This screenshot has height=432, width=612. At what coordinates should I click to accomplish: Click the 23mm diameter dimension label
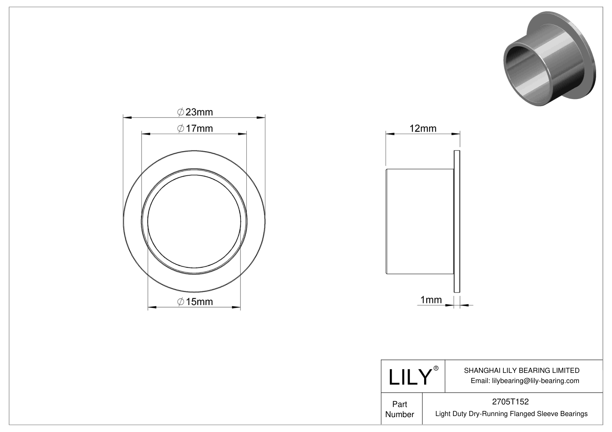pyautogui.click(x=195, y=112)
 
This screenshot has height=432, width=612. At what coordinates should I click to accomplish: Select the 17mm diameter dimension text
pyautogui.click(x=195, y=128)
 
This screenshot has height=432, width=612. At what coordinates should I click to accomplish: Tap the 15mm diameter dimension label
pyautogui.click(x=195, y=302)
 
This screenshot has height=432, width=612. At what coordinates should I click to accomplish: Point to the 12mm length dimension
pyautogui.click(x=423, y=128)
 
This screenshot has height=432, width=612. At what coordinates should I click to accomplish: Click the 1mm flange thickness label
pyautogui.click(x=431, y=300)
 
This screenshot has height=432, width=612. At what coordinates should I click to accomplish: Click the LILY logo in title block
pyautogui.click(x=410, y=377)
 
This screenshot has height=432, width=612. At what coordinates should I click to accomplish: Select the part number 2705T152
pyautogui.click(x=510, y=402)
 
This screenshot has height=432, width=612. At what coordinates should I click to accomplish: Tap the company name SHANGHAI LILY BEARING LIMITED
pyautogui.click(x=522, y=370)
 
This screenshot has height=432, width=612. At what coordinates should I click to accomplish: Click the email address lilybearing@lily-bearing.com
pyautogui.click(x=525, y=380)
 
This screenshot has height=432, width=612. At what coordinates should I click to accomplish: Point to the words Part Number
pyautogui.click(x=399, y=409)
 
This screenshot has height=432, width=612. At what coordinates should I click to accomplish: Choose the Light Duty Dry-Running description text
pyautogui.click(x=511, y=414)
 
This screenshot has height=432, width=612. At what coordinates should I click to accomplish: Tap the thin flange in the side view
pyautogui.click(x=457, y=221)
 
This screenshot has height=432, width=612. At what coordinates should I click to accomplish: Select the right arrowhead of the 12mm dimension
pyautogui.click(x=456, y=134)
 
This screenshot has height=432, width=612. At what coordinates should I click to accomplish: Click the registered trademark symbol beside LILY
pyautogui.click(x=436, y=368)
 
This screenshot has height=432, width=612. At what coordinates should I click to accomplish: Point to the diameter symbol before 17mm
pyautogui.click(x=180, y=128)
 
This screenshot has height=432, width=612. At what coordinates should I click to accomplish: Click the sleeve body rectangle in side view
pyautogui.click(x=420, y=221)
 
